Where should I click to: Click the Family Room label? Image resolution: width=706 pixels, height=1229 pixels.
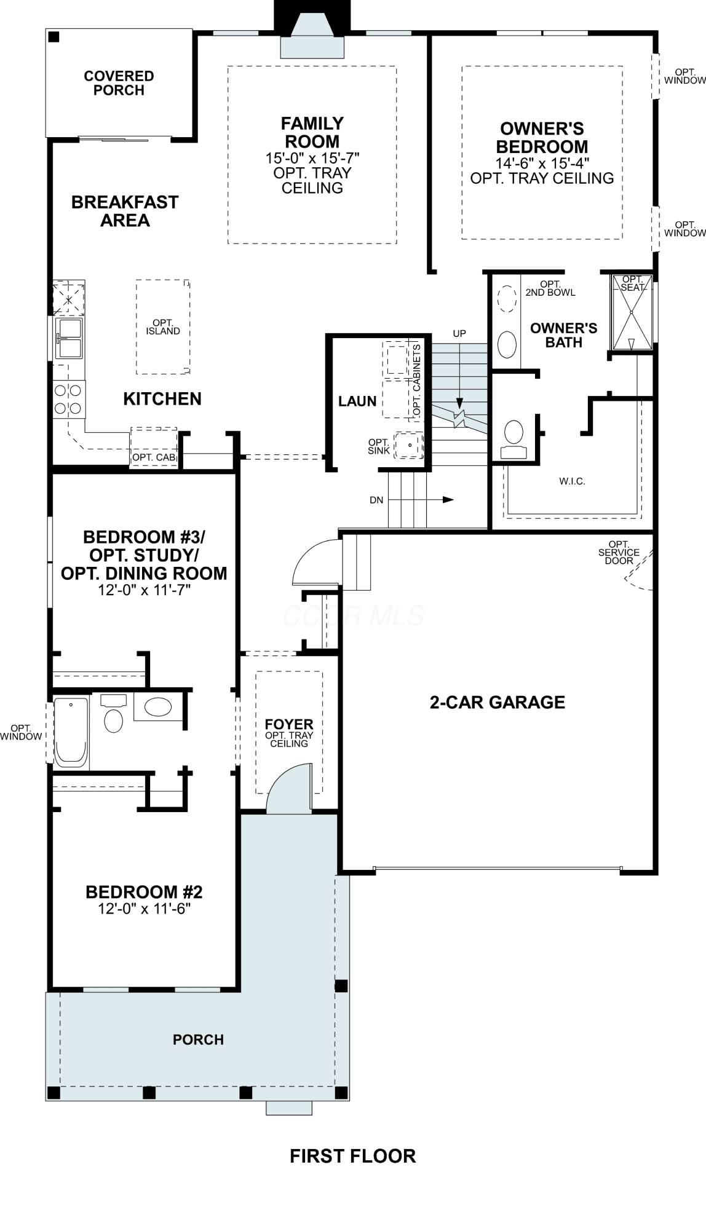tap(312, 132)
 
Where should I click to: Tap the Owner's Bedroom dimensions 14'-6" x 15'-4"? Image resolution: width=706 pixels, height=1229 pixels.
tap(542, 163)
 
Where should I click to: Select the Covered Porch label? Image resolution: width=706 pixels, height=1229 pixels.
tap(119, 83)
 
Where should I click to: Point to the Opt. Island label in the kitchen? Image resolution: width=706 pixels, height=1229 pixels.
tap(163, 327)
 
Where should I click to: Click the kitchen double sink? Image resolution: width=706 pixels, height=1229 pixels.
tap(69, 338)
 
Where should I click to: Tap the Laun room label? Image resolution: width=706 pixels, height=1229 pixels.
tap(357, 401)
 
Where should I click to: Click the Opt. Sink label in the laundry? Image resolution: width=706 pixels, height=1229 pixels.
tap(379, 446)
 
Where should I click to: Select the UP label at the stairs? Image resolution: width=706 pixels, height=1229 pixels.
tap(459, 333)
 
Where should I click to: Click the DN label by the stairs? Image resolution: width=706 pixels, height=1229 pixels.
tap(376, 500)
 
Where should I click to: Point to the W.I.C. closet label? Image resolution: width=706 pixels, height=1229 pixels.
tap(573, 481)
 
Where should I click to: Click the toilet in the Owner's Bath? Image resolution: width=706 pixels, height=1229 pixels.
tap(514, 439)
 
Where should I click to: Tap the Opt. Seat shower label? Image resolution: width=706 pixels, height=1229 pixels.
tap(633, 283)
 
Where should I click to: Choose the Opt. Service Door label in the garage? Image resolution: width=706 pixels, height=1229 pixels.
tap(619, 553)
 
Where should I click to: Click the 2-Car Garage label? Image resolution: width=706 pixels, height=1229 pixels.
tap(498, 702)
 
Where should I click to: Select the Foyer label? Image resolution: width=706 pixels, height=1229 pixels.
tap(289, 724)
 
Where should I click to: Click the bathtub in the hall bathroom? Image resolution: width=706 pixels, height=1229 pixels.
tap(71, 731)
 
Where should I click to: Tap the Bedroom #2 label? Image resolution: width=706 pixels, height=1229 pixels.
tap(144, 891)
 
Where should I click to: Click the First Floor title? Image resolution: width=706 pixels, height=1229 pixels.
tap(353, 1156)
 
